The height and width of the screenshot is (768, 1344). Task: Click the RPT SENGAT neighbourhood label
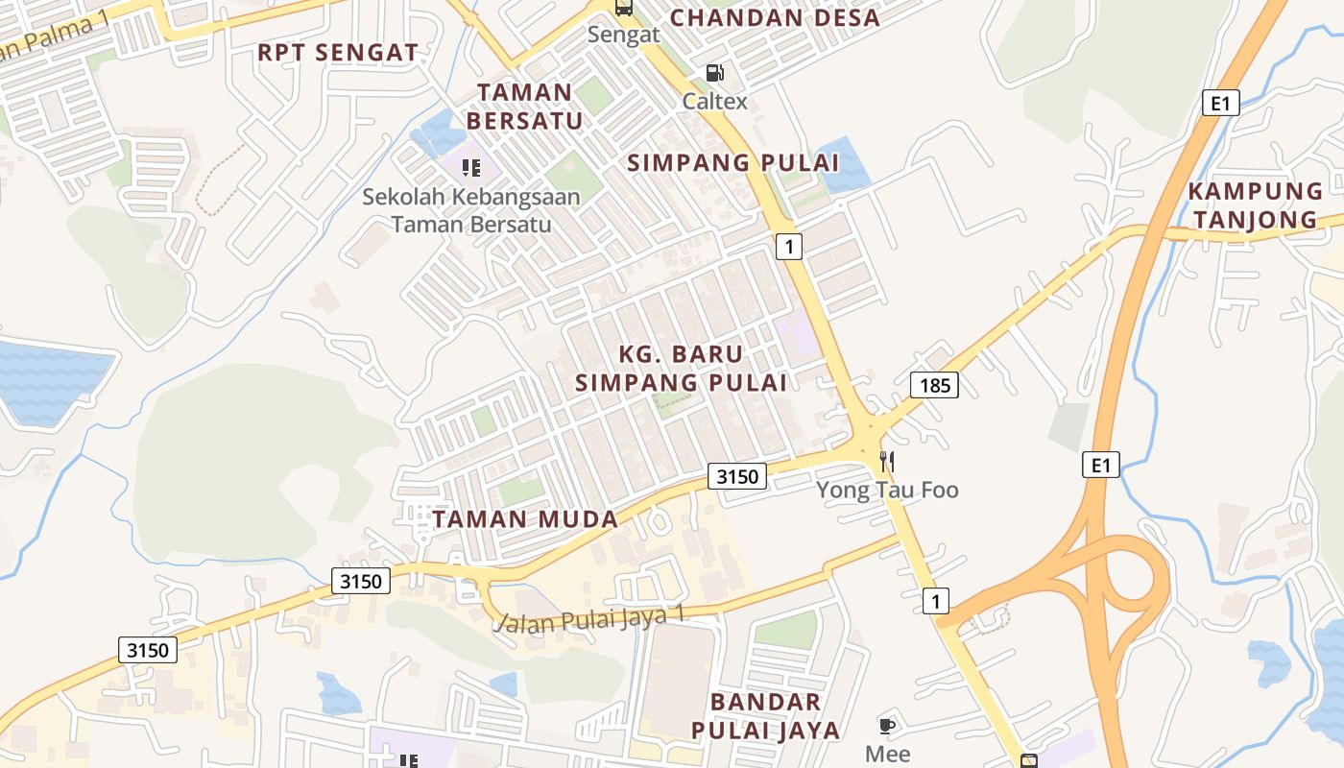[338, 53]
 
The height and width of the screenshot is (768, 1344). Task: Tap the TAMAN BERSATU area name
[531, 107]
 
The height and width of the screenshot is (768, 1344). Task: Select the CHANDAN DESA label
[774, 18]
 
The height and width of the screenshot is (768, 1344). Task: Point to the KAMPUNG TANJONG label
[1255, 205]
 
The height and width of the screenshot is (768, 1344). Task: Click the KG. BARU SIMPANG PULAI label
[681, 369]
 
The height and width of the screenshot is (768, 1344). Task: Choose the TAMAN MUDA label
[525, 519]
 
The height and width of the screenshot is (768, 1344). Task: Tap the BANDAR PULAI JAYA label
[765, 715]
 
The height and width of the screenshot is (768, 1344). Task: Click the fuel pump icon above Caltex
[714, 73]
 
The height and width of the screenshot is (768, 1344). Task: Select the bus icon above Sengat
[624, 8]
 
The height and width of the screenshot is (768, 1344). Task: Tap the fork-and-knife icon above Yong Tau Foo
[886, 462]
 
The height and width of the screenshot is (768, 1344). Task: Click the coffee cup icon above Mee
[887, 726]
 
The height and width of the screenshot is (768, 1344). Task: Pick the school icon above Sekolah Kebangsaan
[470, 168]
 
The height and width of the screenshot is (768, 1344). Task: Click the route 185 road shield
[934, 386]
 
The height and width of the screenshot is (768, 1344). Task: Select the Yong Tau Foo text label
[887, 491]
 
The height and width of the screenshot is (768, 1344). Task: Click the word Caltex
[714, 101]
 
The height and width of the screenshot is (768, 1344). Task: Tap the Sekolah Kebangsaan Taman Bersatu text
[471, 211]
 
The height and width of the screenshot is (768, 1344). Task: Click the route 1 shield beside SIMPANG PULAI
[788, 247]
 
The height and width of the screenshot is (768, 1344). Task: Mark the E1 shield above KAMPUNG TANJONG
[1220, 103]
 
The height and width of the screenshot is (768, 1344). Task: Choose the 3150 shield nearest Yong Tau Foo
[737, 475]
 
